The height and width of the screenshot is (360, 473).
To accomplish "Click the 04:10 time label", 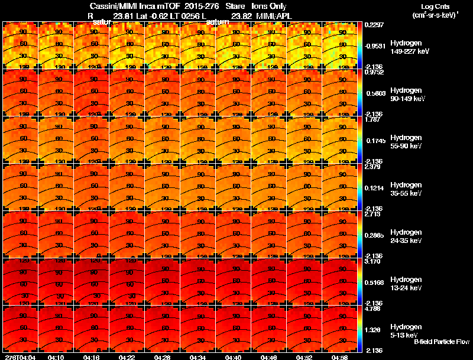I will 56,357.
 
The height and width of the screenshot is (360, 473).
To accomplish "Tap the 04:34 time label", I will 198,357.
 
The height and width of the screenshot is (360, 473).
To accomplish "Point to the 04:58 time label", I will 340,357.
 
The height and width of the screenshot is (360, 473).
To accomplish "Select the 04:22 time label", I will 127,357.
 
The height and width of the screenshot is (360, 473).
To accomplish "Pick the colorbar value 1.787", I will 374,119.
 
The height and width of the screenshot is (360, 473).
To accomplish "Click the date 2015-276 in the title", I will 202,7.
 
